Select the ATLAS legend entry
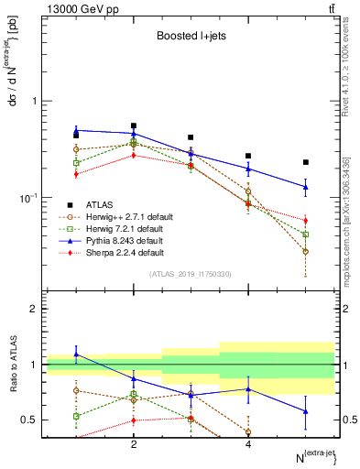[99, 204]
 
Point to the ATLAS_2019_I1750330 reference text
[191, 274]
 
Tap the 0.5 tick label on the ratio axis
[30, 420]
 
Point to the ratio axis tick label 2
[34, 309]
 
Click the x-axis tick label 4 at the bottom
[248, 444]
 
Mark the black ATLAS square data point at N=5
[306, 162]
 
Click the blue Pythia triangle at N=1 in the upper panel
[77, 130]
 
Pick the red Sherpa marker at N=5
[306, 221]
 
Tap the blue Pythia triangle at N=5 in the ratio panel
[306, 411]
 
